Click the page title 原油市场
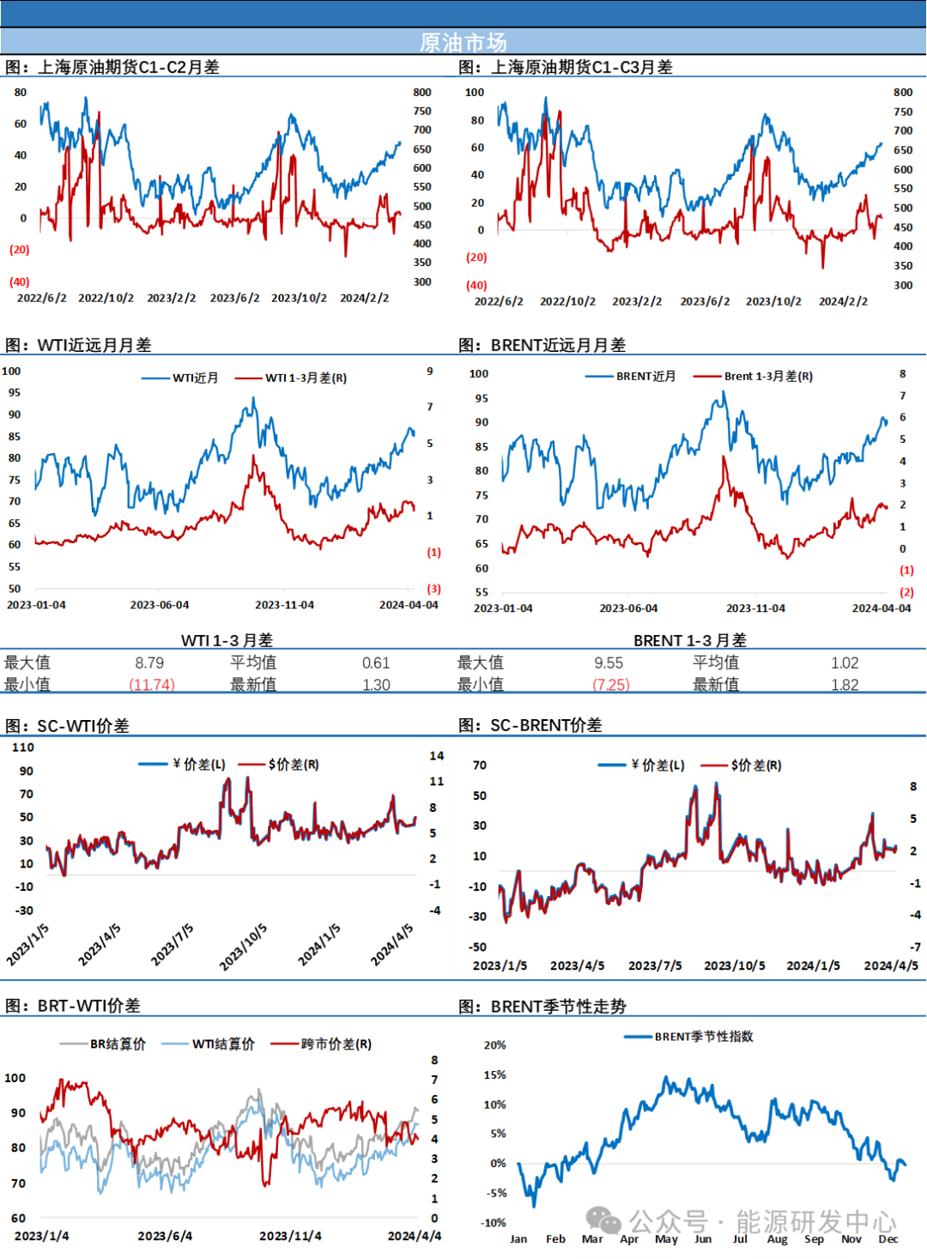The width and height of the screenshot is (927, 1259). tap(463, 42)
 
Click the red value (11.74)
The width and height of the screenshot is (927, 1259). tap(152, 684)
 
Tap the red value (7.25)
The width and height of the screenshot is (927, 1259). tap(612, 684)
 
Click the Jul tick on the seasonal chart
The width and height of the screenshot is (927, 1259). tap(740, 1238)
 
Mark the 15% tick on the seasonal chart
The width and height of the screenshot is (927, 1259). tap(495, 1074)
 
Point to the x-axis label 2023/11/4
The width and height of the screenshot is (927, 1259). tap(290, 1236)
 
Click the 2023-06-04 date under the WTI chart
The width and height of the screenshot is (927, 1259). tap(160, 605)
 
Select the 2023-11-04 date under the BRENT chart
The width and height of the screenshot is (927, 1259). tap(755, 608)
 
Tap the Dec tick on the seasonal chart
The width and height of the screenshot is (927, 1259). tap(888, 1238)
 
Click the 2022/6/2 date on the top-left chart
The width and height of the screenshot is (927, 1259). tap(42, 298)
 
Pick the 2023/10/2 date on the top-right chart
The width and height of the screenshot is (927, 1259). tap(773, 301)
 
